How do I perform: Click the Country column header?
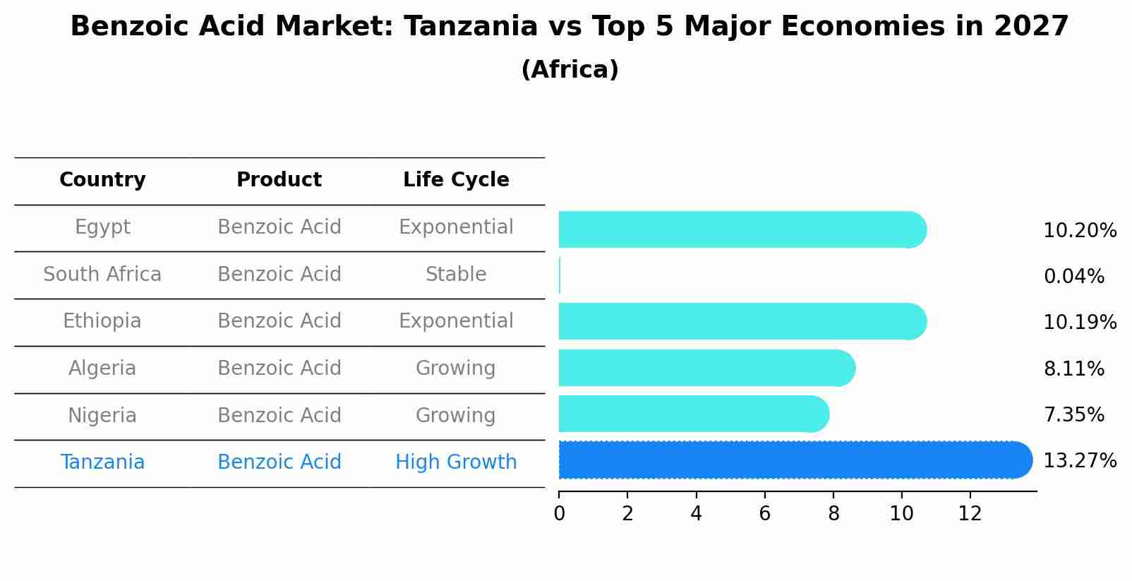(x=102, y=180)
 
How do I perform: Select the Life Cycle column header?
(x=456, y=180)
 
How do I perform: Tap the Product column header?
(x=279, y=180)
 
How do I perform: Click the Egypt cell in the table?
(x=102, y=227)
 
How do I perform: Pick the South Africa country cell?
(x=102, y=274)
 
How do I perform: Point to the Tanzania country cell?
(x=102, y=462)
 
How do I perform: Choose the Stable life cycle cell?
(x=456, y=274)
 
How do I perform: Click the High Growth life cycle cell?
(x=456, y=462)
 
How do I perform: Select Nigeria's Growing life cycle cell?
(x=456, y=415)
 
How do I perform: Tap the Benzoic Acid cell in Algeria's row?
(x=279, y=369)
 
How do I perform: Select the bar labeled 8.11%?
(x=706, y=368)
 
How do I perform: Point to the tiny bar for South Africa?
(x=560, y=275)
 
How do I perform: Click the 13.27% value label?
(x=1080, y=461)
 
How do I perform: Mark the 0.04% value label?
(x=1073, y=277)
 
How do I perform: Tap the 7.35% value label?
(x=1073, y=415)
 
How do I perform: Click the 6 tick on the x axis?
(x=765, y=514)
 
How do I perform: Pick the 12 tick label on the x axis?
(x=970, y=514)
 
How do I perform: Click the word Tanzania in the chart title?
(x=471, y=27)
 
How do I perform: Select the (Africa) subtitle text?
(x=570, y=70)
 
